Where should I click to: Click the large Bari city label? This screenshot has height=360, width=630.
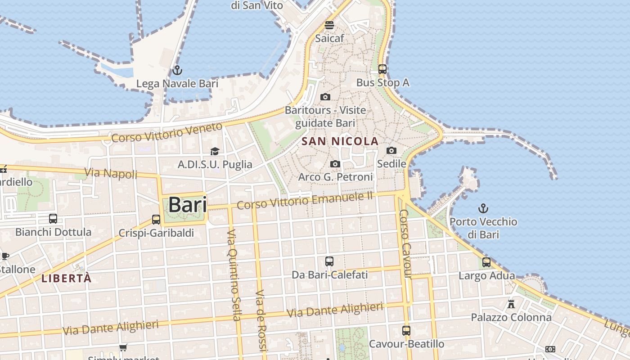tap(188, 205)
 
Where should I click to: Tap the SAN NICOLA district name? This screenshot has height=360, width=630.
tap(340, 141)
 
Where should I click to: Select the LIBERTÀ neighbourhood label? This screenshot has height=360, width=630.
tap(67, 278)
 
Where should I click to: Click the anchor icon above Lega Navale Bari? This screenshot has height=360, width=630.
tap(177, 70)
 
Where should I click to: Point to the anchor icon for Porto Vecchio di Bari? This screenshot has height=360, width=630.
tap(483, 208)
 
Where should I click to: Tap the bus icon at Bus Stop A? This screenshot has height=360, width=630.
tap(382, 69)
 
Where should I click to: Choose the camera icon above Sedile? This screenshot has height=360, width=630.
tap(391, 150)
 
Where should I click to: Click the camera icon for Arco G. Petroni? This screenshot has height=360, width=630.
tap(335, 164)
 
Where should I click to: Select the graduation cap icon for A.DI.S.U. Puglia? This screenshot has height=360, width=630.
tap(215, 151)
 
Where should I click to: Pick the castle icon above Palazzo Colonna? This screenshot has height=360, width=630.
tap(511, 304)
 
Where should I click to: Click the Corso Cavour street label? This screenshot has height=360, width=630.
tap(406, 243)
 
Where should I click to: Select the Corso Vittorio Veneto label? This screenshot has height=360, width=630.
tap(167, 132)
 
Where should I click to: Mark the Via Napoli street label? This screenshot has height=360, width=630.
tap(111, 173)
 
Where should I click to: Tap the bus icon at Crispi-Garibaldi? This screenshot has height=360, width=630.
tap(156, 219)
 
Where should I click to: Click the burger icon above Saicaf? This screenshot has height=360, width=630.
tap(329, 25)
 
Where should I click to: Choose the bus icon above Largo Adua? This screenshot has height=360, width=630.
tap(486, 262)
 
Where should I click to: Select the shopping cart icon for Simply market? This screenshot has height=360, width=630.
tap(123, 347)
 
